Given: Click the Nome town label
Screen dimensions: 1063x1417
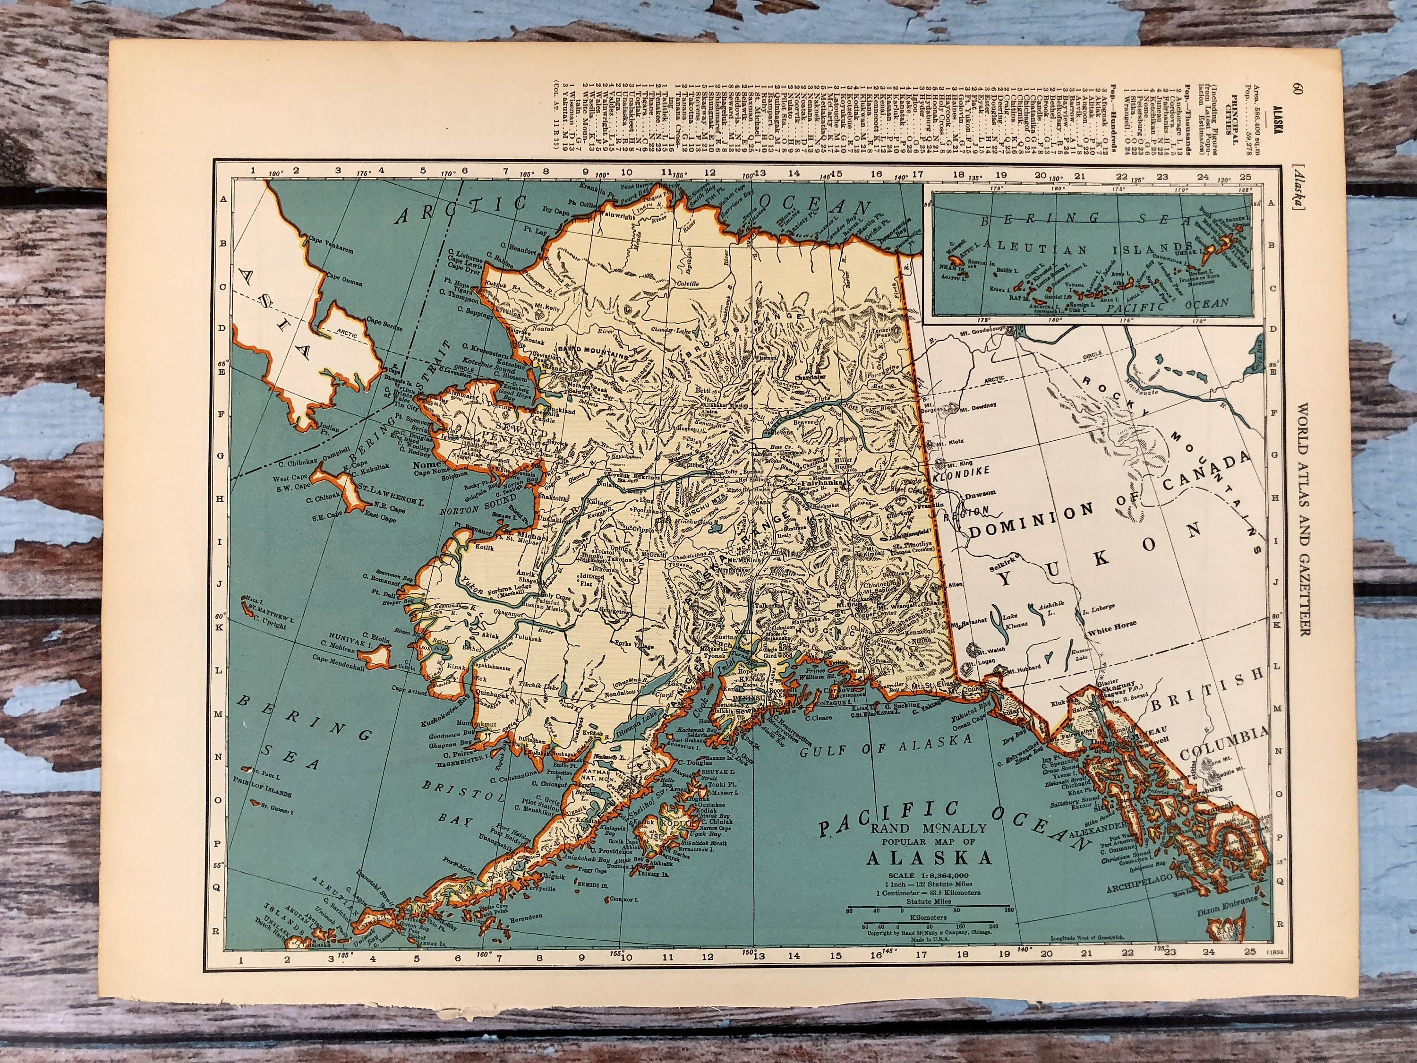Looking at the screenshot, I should coord(428,464).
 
